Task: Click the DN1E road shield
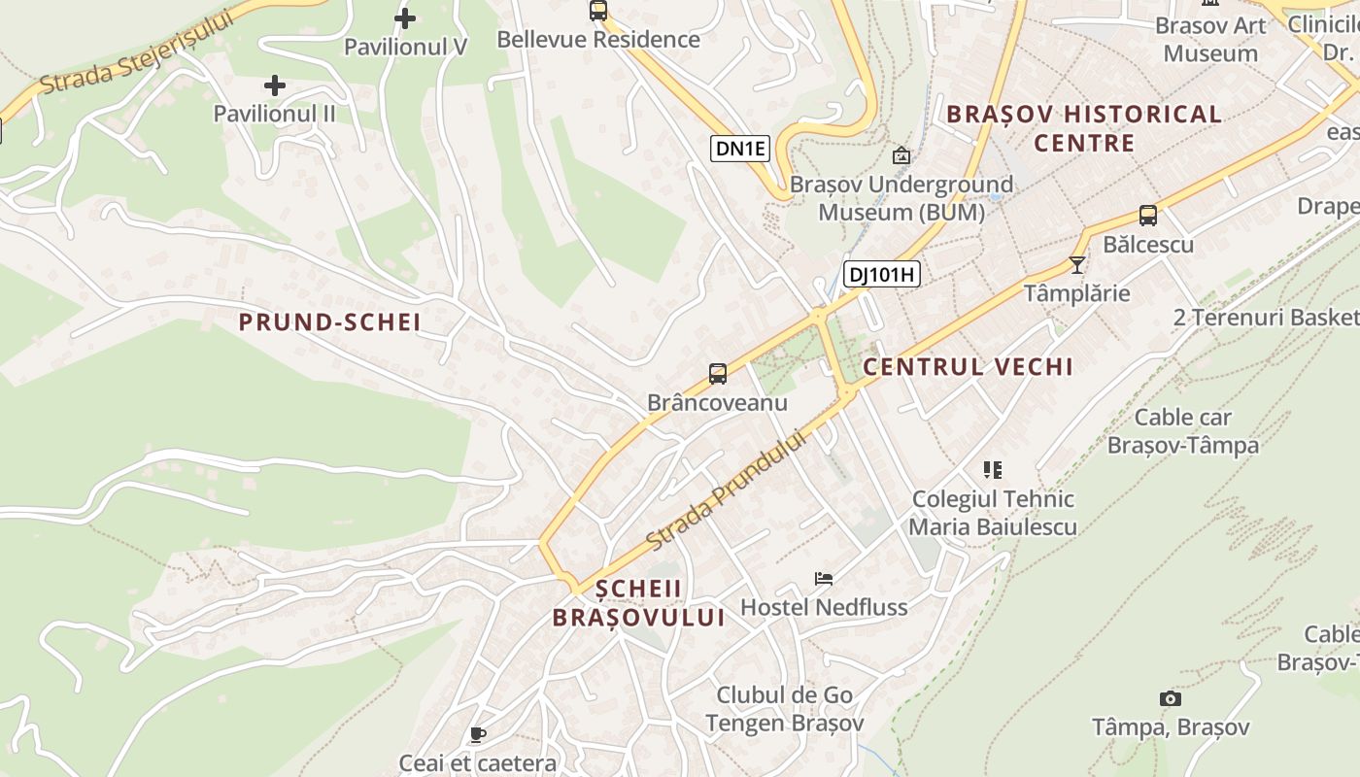click(x=740, y=149)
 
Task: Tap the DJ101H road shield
click(x=881, y=275)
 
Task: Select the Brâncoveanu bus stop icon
click(x=718, y=374)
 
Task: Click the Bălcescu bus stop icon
click(x=1148, y=216)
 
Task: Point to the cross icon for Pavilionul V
click(x=405, y=17)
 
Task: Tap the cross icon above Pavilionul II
click(x=275, y=85)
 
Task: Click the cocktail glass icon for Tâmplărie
click(x=1076, y=264)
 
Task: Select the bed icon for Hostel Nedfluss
click(x=824, y=579)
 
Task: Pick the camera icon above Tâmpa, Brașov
click(x=1171, y=698)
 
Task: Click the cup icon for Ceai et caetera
click(x=477, y=734)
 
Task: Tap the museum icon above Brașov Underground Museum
click(x=901, y=155)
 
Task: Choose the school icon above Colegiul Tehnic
click(x=992, y=470)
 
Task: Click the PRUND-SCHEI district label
click(x=329, y=322)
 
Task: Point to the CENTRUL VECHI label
click(x=968, y=367)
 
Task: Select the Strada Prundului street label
click(x=726, y=490)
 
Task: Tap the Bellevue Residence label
click(x=597, y=40)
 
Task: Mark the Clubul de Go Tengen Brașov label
click(x=784, y=709)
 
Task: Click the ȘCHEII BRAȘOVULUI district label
click(x=638, y=603)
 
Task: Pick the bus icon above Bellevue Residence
click(x=598, y=11)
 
